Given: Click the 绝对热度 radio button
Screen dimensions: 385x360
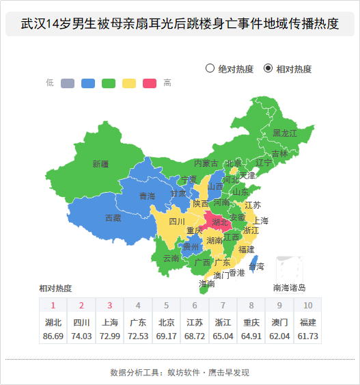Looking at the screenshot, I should coord(210,68).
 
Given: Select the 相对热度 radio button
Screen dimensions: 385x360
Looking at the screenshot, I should coord(268,68).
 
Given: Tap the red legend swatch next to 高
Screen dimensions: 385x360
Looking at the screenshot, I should coord(150,83).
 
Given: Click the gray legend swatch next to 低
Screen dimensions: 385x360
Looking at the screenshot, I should coord(68,83).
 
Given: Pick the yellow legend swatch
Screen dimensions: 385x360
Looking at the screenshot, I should coord(129,83).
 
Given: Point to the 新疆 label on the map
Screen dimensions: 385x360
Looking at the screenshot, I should coord(100,164).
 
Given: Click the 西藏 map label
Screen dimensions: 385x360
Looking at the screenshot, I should coord(113,218).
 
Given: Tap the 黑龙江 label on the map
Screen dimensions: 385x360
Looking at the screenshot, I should coord(285,133).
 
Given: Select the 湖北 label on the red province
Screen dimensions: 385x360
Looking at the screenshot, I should coord(220,222).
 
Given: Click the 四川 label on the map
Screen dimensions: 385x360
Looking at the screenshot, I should coord(177,222).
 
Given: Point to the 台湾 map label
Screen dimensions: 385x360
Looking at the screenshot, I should coord(256,267).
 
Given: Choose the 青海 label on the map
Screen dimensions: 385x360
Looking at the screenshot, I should coord(147,196).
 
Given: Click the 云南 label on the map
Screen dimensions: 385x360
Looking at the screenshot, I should coord(171,258).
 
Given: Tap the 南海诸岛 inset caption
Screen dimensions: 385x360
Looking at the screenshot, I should coord(289,288).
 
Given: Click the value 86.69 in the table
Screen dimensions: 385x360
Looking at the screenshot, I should coord(53,336).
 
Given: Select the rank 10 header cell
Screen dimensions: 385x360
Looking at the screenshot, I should coord(308,305).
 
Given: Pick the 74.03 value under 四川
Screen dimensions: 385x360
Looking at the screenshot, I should coord(81,336).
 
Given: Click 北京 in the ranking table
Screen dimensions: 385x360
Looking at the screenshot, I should coord(166,323).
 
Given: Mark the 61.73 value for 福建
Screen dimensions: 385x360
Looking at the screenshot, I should coord(308,336).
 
